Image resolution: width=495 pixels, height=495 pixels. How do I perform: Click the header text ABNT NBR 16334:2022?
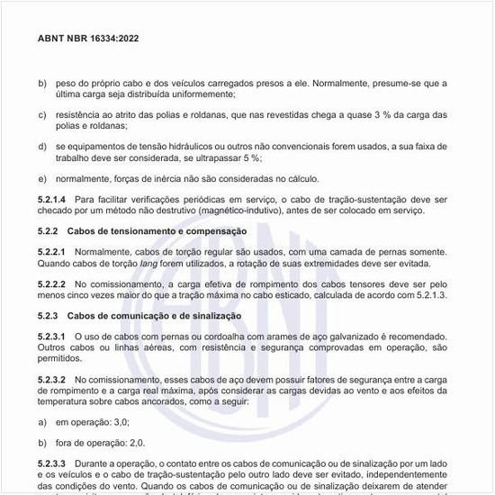pos(87,39)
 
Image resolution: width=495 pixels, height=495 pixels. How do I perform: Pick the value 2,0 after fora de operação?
pos(137,444)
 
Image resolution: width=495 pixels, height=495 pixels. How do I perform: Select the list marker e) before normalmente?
pos(42,178)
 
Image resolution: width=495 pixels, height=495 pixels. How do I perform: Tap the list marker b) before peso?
pos(42,82)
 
